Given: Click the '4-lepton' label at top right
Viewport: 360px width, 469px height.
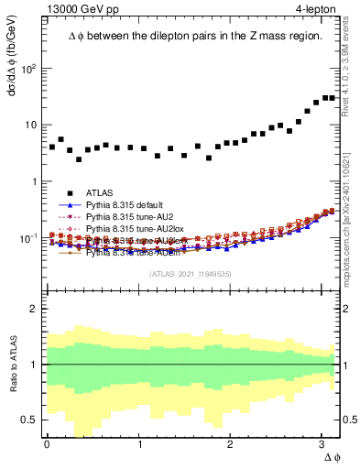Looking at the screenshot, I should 313,8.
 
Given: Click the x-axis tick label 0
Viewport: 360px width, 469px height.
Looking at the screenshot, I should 46,444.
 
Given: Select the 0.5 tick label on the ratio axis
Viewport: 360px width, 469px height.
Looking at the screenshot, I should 29,420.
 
